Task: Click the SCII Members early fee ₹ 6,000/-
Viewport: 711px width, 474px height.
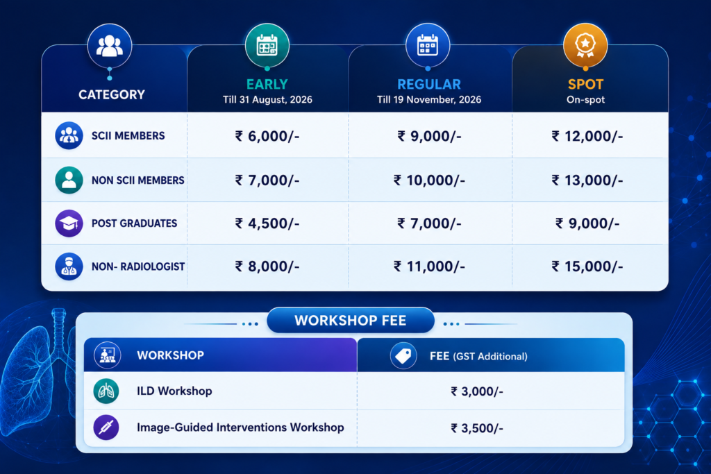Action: click(267, 136)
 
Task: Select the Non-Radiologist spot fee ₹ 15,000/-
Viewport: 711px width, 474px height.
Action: click(587, 266)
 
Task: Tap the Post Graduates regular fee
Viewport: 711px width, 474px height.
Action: click(429, 223)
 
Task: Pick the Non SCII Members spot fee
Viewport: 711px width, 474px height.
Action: click(587, 180)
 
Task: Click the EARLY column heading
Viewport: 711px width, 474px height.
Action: click(267, 84)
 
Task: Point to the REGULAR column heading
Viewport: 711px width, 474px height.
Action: click(429, 84)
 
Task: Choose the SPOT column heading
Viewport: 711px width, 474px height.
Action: click(585, 84)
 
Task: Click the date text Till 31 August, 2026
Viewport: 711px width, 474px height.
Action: click(267, 100)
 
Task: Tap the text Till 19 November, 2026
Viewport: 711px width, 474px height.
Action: click(429, 100)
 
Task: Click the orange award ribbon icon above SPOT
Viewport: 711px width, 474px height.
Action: click(585, 46)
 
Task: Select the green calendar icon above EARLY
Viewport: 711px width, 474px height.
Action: click(267, 46)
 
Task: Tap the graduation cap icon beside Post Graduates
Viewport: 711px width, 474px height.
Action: click(69, 223)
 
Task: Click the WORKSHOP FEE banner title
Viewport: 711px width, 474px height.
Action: click(351, 321)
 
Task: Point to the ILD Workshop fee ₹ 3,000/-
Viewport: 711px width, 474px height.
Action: click(477, 391)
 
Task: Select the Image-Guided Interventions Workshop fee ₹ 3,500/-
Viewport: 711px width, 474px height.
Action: click(477, 428)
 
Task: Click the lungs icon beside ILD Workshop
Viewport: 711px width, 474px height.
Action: click(106, 391)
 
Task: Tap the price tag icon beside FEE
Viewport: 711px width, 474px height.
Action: click(403, 356)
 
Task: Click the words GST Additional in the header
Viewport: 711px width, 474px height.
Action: click(490, 357)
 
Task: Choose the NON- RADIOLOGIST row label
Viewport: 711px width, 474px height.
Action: click(138, 266)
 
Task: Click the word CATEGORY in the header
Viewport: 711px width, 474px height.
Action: click(112, 94)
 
